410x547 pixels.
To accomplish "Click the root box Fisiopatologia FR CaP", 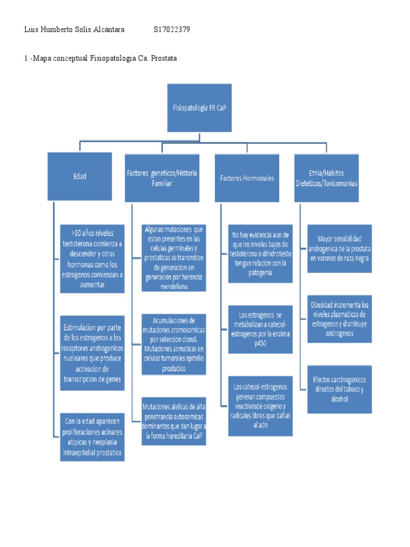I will [x=199, y=107].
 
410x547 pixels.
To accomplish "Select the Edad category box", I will [x=80, y=176].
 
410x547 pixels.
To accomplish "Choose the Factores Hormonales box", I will [x=247, y=178].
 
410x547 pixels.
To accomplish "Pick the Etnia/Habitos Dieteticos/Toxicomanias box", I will [x=326, y=178].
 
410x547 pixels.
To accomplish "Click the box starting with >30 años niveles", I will [x=92, y=259].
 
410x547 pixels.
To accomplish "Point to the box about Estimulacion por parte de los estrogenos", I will [x=92, y=353].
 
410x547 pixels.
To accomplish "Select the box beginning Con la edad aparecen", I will [x=92, y=437].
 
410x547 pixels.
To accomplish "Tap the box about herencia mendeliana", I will [x=174, y=258].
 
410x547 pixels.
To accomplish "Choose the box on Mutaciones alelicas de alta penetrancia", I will [x=174, y=420].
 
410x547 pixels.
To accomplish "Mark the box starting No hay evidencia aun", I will [x=260, y=254].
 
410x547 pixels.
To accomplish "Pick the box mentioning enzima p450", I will [x=260, y=329].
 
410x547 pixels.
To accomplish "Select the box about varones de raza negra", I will [x=340, y=248].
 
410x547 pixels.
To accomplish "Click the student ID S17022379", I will [x=171, y=30].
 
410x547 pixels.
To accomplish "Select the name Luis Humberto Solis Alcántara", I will [x=74, y=30].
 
